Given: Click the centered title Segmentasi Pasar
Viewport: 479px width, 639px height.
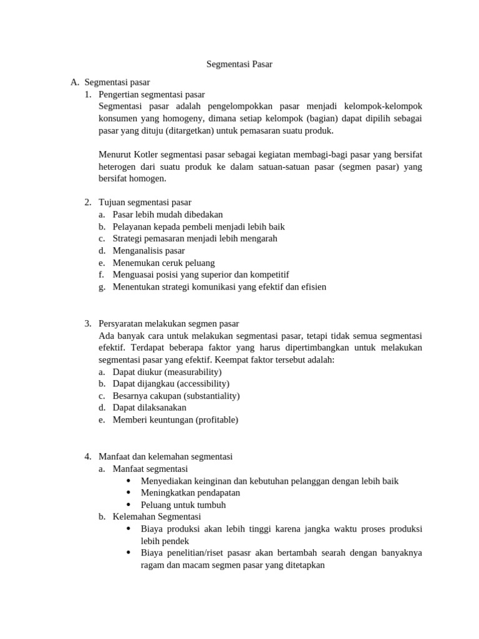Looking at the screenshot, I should (x=239, y=64).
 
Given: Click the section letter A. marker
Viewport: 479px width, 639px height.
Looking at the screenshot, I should (x=75, y=82).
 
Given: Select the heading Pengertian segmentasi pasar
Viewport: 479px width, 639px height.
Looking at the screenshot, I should (x=152, y=94).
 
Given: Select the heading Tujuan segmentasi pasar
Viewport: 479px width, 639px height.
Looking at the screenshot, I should (x=145, y=202).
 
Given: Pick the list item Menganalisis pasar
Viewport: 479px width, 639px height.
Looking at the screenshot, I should (x=148, y=250).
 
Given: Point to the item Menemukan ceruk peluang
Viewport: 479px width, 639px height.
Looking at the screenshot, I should (x=163, y=263).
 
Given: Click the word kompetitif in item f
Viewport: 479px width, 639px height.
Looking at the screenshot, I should (x=268, y=275).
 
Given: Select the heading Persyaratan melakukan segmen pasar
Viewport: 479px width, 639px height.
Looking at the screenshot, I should (x=168, y=324).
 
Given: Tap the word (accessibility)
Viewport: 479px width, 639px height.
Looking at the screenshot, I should (x=203, y=384).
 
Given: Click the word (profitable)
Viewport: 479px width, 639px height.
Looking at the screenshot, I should (x=217, y=420).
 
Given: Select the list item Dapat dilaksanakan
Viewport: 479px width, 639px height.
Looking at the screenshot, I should (x=150, y=408).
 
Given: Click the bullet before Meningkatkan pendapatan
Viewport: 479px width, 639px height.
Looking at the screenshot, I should (x=128, y=492).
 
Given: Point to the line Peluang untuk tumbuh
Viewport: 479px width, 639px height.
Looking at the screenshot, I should (x=183, y=505).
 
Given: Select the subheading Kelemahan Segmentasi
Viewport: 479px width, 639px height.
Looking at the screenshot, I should (x=157, y=517).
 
